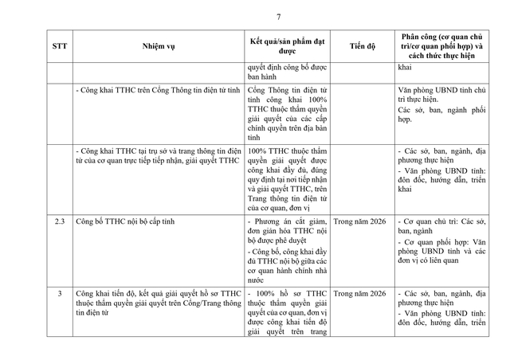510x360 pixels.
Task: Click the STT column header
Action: click(60, 46)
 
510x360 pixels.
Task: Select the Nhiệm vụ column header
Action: click(159, 46)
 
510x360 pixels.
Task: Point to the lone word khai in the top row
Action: click(405, 68)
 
